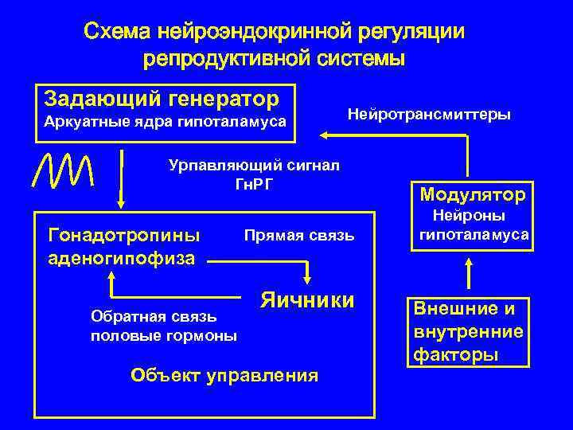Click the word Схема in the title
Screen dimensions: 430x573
pyautogui.click(x=119, y=32)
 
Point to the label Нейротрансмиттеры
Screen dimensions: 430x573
pyautogui.click(x=429, y=114)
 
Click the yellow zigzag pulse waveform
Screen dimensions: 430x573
pyautogui.click(x=64, y=168)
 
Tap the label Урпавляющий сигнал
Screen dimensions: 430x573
pyautogui.click(x=255, y=165)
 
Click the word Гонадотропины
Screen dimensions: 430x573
pyautogui.click(x=123, y=235)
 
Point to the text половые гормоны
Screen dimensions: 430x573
pyautogui.click(x=164, y=335)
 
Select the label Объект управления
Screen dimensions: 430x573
pyautogui.click(x=224, y=374)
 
